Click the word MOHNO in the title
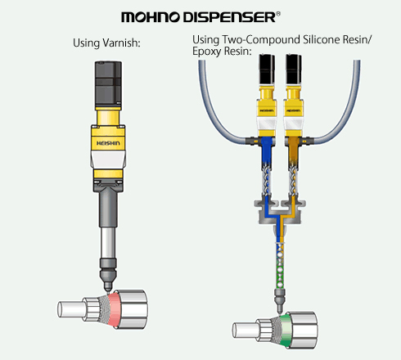[x=151, y=17]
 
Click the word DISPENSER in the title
[x=229, y=17]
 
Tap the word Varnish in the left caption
[x=121, y=43]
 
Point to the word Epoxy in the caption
[x=206, y=52]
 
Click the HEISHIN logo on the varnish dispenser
[x=108, y=143]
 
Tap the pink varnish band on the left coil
[x=114, y=309]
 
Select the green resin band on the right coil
[x=284, y=331]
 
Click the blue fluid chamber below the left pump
[x=266, y=151]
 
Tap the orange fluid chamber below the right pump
[x=293, y=151]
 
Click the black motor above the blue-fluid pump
[x=267, y=70]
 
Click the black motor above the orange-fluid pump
[x=294, y=70]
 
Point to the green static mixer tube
[x=280, y=268]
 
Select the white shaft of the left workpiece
[x=71, y=309]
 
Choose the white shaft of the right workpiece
[x=245, y=331]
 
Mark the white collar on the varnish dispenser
[x=108, y=160]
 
